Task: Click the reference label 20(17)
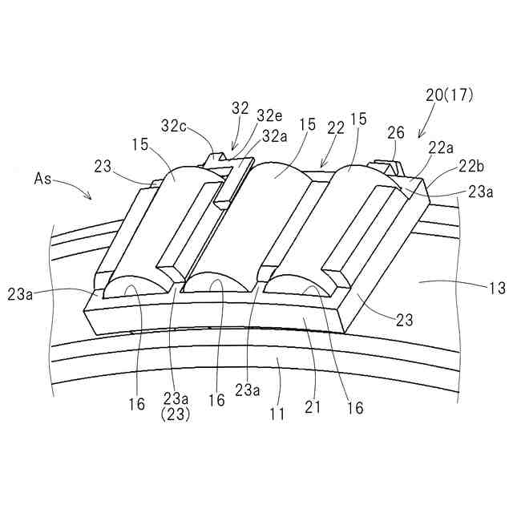[450, 95]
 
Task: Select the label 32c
[175, 126]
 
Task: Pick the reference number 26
[396, 133]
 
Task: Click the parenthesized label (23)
[176, 414]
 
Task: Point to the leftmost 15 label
[139, 146]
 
